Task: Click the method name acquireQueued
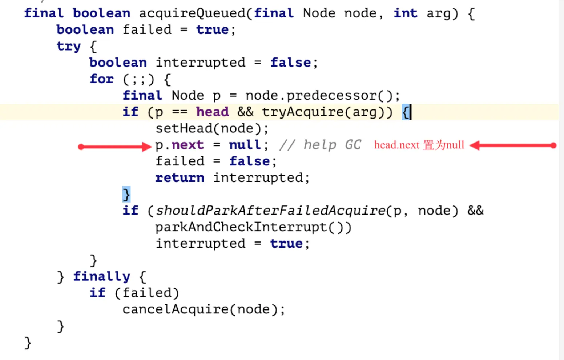point(192,13)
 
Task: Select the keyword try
point(69,47)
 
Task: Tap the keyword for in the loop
point(101,79)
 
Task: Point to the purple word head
point(213,112)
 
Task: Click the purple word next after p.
point(188,145)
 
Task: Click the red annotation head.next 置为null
point(419,145)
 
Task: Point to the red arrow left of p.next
point(114,147)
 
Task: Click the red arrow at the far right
point(512,145)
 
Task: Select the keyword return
point(180,178)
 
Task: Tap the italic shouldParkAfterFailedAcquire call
point(270,211)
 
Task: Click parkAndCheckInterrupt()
point(253,227)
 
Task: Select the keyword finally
point(101,277)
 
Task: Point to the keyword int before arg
point(405,13)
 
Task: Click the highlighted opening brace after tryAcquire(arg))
point(406,112)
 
